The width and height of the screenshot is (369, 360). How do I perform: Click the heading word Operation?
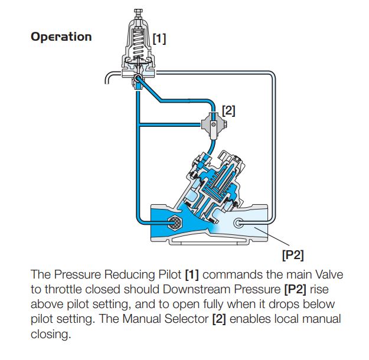point(61,37)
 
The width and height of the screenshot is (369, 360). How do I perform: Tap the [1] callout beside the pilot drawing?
point(159,38)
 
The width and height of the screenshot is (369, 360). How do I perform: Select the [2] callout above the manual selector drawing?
point(228,110)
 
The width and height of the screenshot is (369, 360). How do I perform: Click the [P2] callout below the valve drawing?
point(294,255)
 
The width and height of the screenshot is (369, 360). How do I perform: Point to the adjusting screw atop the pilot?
point(139,14)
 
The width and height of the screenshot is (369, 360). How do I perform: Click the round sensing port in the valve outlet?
point(240,224)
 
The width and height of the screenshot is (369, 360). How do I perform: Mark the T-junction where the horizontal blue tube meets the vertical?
point(138,123)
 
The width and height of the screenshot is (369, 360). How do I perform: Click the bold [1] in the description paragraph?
point(191,275)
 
